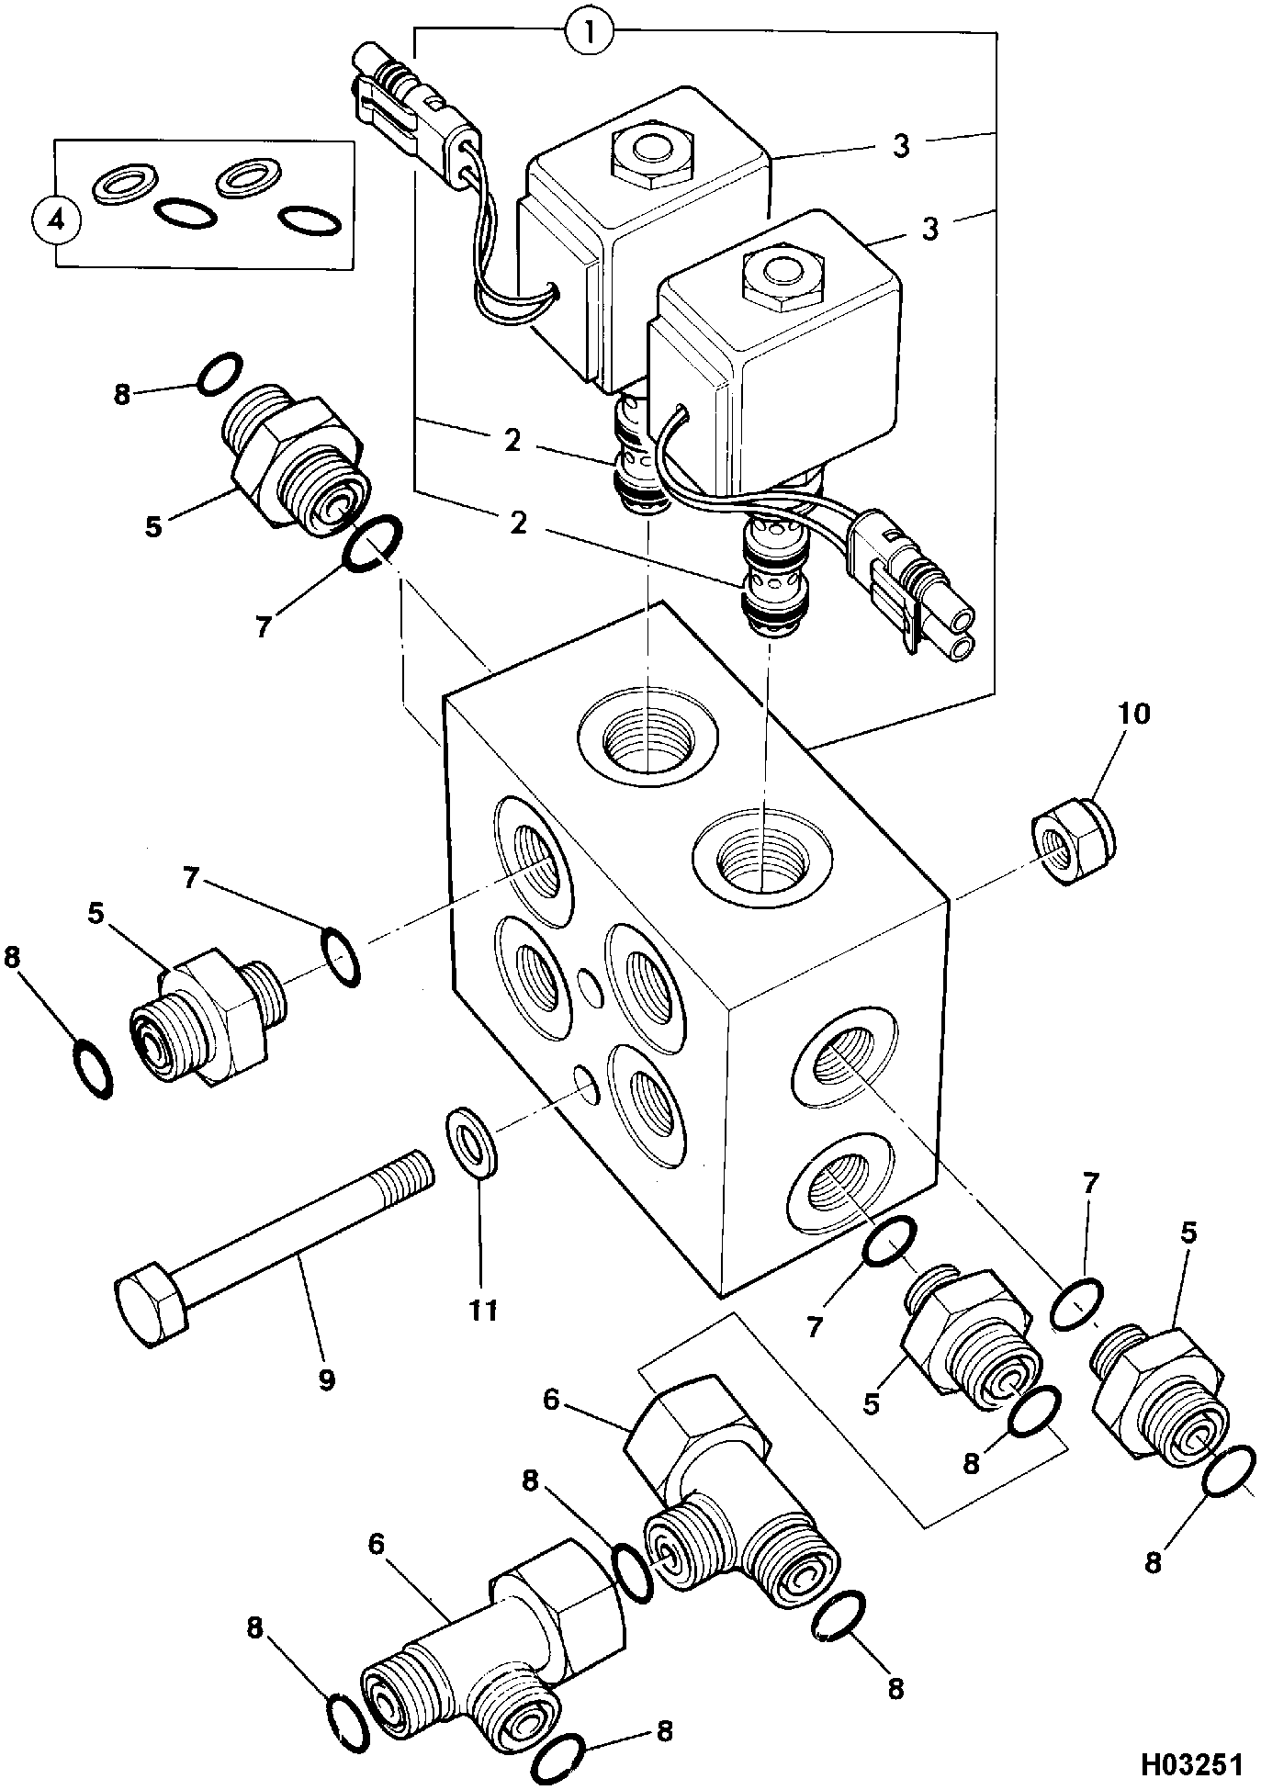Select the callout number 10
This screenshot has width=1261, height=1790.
click(x=1133, y=714)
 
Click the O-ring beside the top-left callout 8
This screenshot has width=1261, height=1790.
click(x=220, y=374)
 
